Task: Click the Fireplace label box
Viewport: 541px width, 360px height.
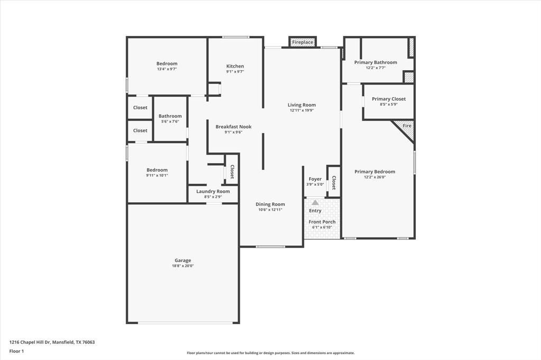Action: coord(302,42)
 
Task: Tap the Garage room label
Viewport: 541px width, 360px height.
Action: coord(183,260)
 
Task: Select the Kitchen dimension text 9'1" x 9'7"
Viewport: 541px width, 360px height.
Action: coord(235,72)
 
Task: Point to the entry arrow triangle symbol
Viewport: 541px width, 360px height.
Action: coord(315,202)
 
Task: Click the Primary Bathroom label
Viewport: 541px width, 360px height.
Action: coord(375,62)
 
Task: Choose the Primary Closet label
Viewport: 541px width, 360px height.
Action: coord(388,99)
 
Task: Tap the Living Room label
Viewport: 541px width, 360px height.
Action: coord(302,105)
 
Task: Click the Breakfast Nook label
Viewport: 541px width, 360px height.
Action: coord(234,127)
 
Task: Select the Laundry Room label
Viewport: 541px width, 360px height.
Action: coord(213,191)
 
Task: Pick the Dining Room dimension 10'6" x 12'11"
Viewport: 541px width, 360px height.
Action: coord(270,210)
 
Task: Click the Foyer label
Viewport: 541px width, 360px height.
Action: coord(315,179)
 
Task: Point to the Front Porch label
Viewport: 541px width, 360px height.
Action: coord(322,222)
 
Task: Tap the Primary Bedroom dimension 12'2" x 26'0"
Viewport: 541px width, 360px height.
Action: coord(375,177)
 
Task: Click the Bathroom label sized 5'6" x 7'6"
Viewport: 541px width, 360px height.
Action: coord(170,116)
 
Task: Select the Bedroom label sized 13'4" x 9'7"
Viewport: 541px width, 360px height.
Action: coord(166,64)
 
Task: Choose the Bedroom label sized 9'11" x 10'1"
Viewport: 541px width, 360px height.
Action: coord(157,170)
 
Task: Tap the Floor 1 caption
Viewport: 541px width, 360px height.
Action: coord(16,351)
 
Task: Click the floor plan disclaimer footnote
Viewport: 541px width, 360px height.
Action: coord(270,353)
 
